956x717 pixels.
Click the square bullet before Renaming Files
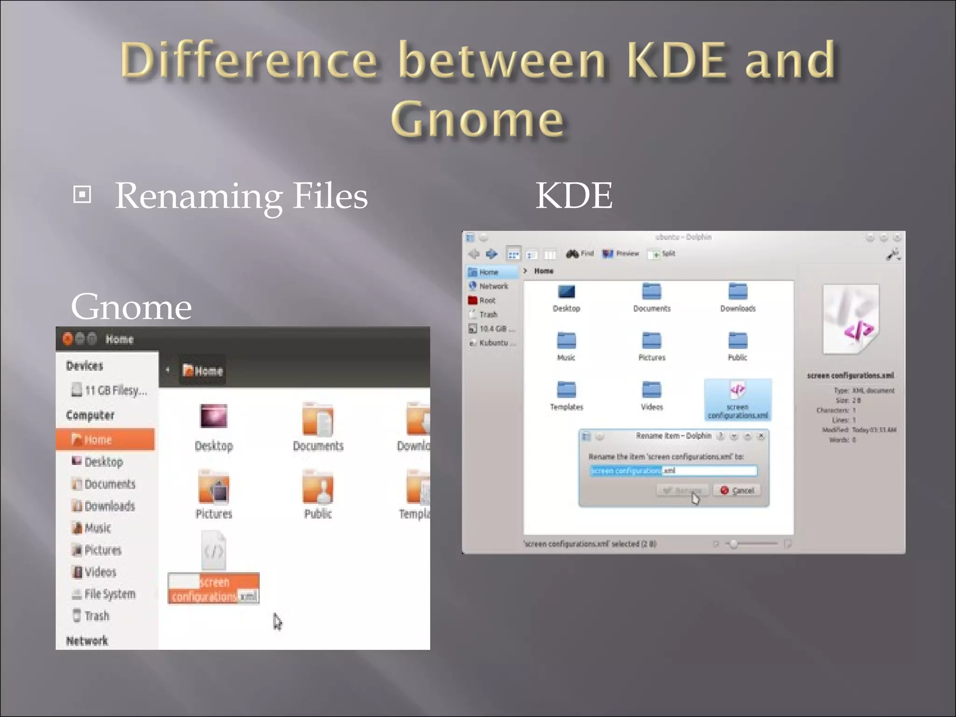tap(82, 195)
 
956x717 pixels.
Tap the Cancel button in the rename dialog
tap(737, 490)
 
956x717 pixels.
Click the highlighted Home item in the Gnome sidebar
tap(105, 440)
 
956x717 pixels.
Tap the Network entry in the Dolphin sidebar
tap(493, 286)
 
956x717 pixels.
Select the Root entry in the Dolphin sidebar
tap(487, 300)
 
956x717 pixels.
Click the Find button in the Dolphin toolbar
tap(580, 253)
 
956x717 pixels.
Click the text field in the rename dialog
tap(673, 471)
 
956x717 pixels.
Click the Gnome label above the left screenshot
tap(131, 307)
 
